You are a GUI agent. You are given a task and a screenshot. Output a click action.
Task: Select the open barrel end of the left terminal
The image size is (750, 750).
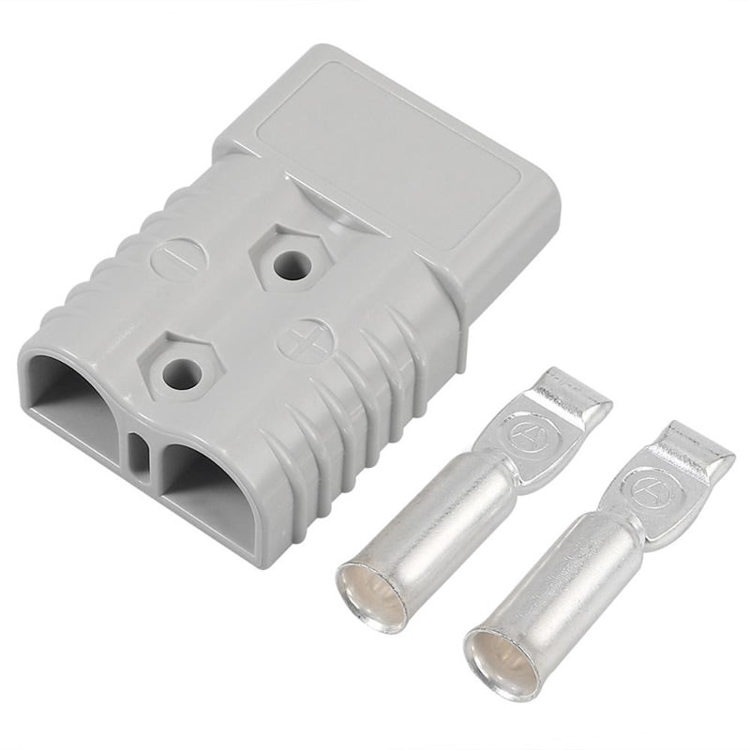coord(373,597)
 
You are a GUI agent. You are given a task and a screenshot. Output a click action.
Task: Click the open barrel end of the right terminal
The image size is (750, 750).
coord(502,663)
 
